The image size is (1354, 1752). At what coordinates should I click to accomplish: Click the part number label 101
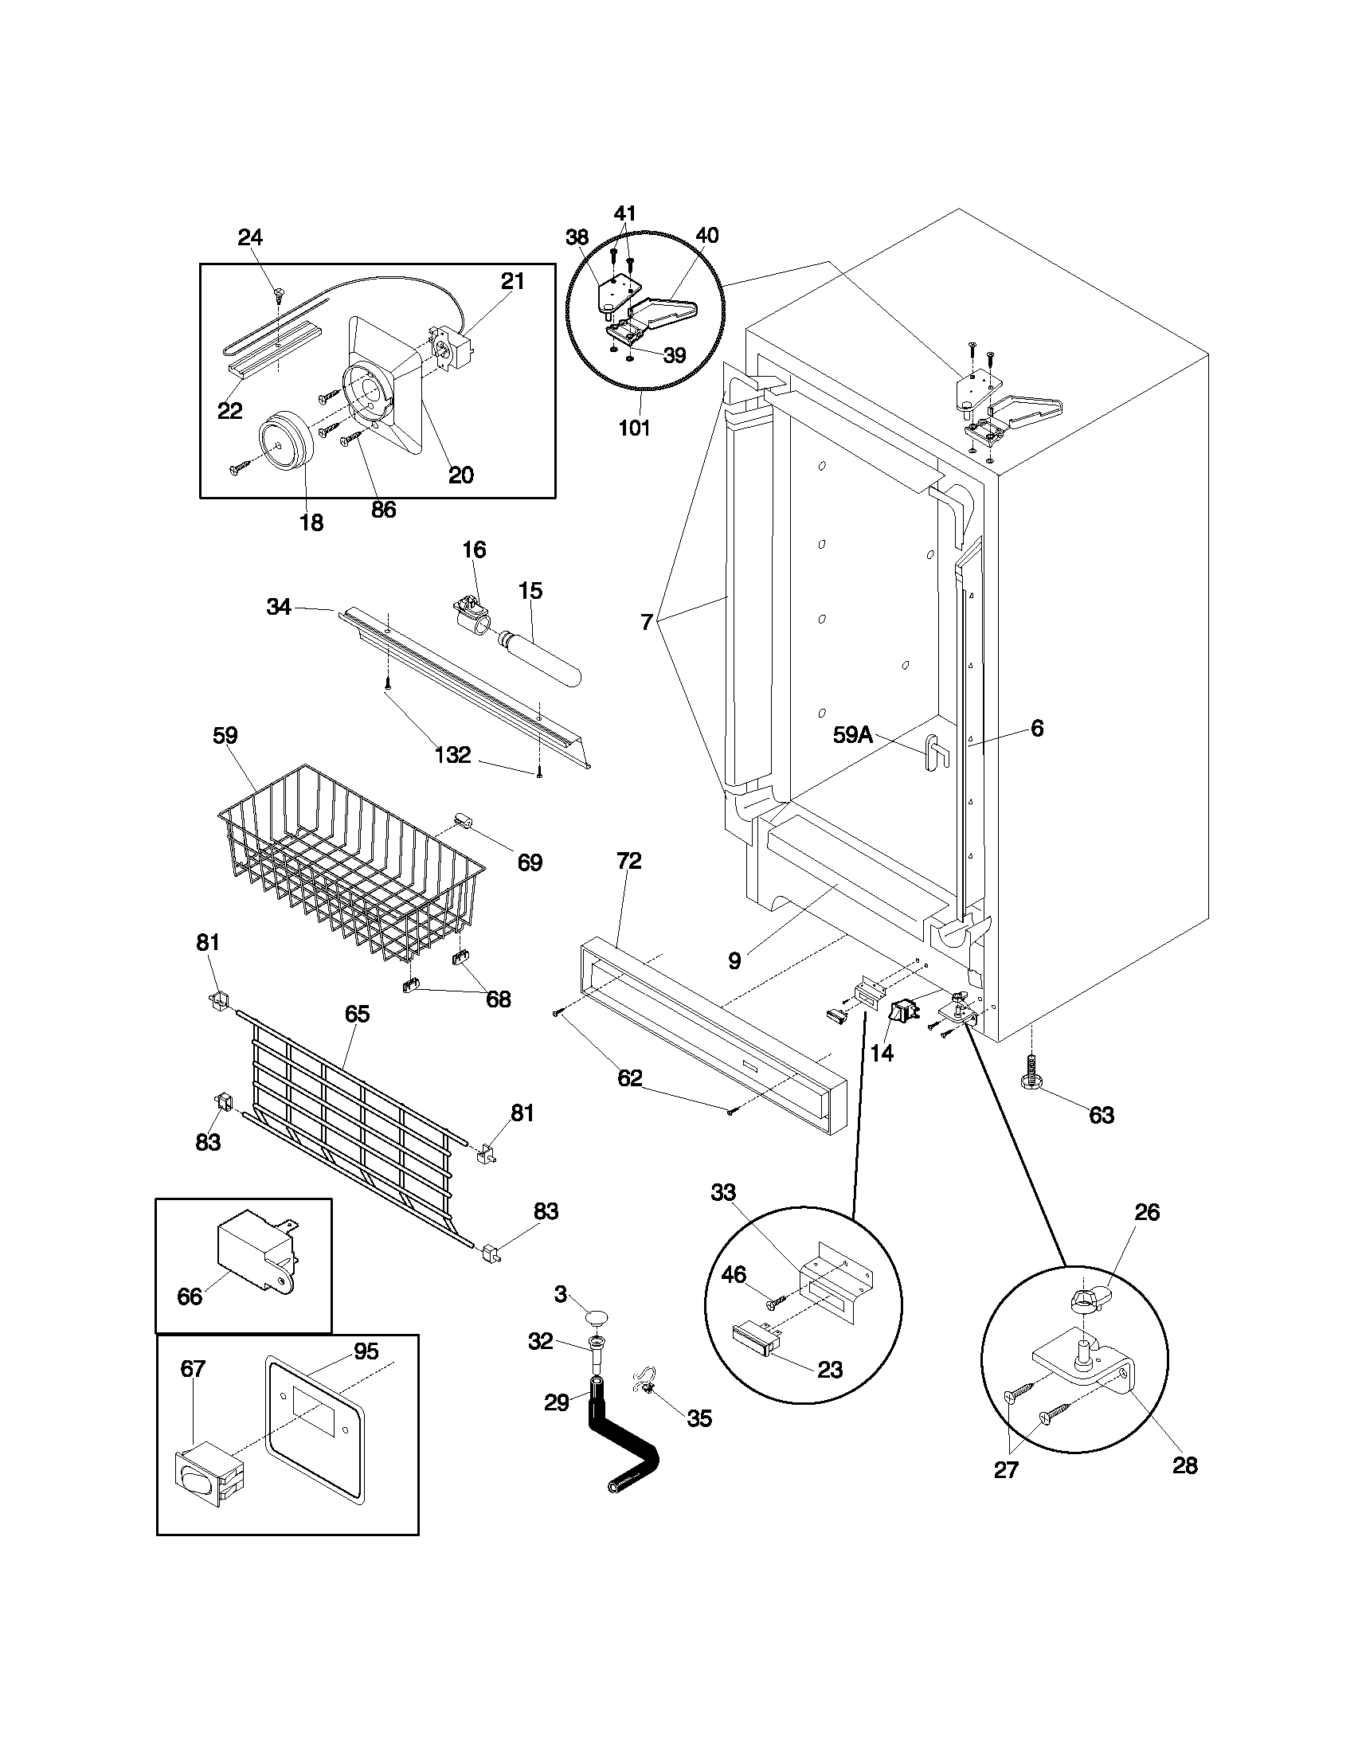[x=634, y=428]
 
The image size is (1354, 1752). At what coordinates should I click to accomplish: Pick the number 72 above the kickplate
[x=629, y=861]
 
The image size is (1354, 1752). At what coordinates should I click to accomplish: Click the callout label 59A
[x=852, y=735]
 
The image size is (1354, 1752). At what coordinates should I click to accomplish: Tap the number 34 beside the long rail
[x=278, y=608]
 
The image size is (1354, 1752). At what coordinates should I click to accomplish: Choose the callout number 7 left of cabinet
[x=647, y=623]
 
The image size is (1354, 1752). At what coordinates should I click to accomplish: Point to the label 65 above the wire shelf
[x=357, y=1014]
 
